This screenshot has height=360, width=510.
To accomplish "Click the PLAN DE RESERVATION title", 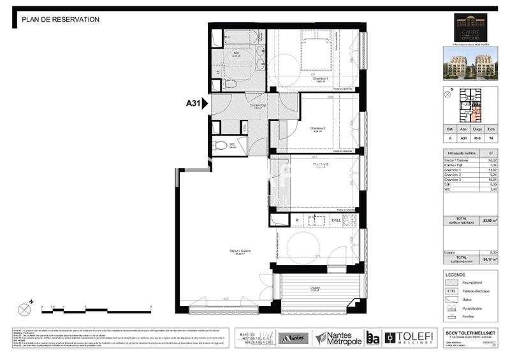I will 61,19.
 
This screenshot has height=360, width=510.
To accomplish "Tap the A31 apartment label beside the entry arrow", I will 194,102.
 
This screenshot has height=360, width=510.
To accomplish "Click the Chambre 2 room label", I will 318,129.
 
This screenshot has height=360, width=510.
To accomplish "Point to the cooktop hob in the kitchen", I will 350,220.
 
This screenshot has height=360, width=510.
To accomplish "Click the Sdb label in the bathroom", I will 236,53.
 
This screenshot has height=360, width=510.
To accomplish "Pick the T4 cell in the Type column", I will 490,137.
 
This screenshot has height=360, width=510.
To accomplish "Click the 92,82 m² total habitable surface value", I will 488,220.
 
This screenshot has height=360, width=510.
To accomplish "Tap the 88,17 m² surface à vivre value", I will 488,259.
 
